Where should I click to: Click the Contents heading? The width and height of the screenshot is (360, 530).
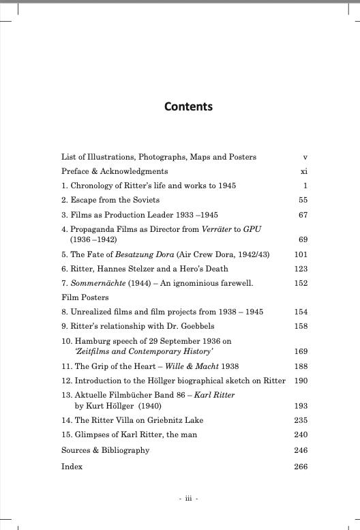tap(188, 106)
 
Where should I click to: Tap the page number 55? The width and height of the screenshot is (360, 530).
tap(303, 200)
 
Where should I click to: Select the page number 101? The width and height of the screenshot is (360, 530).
tap(301, 254)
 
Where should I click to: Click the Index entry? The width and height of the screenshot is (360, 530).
tap(72, 467)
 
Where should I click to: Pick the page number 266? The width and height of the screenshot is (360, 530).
tap(301, 467)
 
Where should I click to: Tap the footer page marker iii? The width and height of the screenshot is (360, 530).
tap(188, 499)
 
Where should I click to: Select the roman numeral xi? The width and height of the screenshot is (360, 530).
tap(303, 171)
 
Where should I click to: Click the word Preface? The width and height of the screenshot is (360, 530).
tap(76, 171)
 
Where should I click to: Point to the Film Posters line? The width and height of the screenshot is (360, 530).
tap(86, 297)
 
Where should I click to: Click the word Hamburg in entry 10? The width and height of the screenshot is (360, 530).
tap(93, 341)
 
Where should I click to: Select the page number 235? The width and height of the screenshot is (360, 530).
tap(301, 420)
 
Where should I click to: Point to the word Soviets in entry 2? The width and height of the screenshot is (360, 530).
tap(145, 200)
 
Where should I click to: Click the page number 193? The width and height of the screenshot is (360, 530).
tap(301, 406)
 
